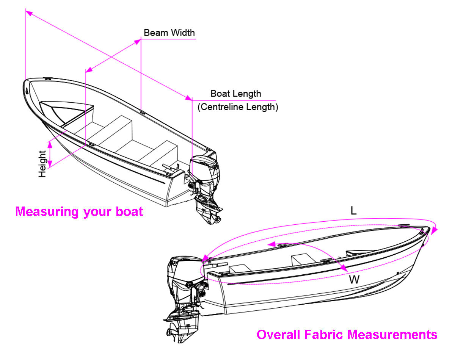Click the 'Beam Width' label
169,33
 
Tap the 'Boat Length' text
235,94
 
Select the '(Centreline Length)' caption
238,107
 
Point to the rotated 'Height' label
42,164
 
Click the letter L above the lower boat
353,211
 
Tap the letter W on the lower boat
354,280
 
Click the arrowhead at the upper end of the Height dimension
50,143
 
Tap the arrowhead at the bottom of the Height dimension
50,164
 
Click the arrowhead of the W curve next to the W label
345,268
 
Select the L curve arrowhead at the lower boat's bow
436,230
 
